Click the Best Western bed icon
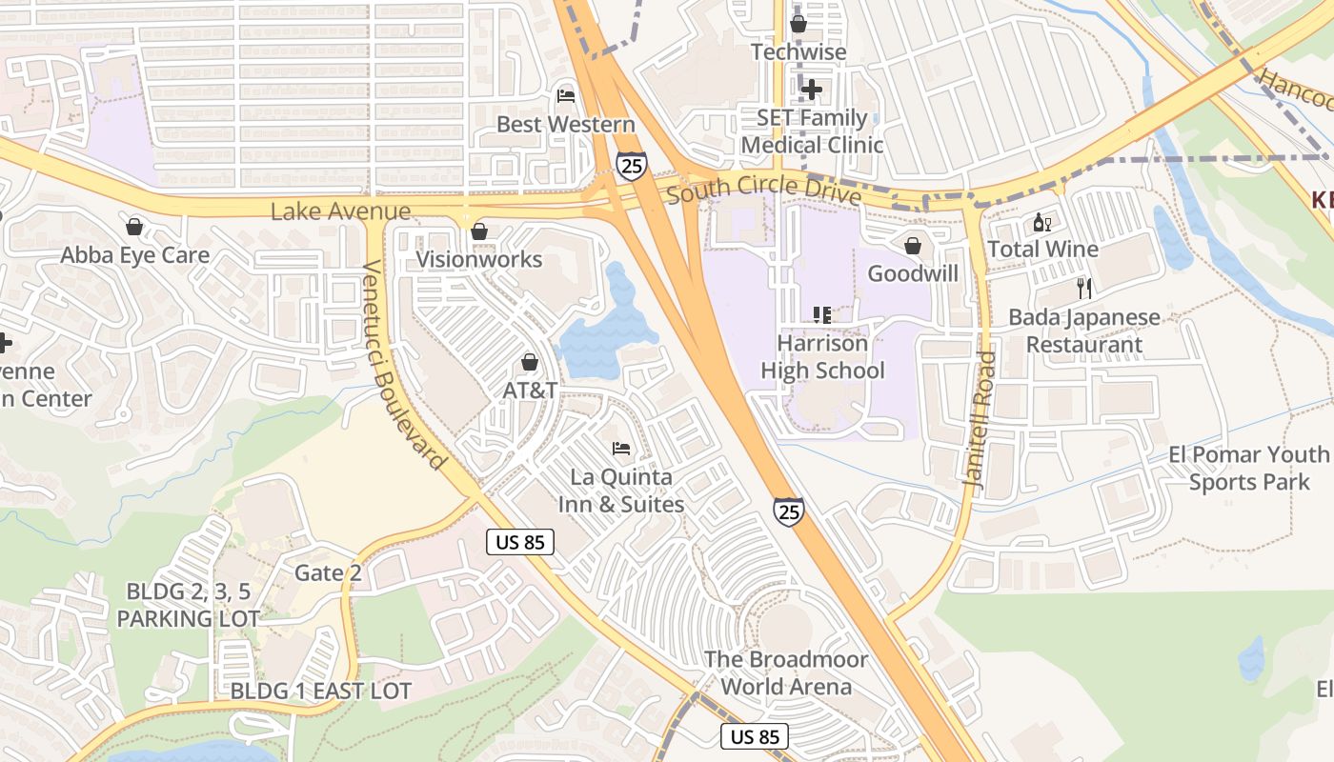[x=565, y=96]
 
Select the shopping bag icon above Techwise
[x=798, y=24]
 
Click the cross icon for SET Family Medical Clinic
[x=811, y=90]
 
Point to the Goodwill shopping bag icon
[x=913, y=246]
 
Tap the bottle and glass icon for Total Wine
[x=1042, y=223]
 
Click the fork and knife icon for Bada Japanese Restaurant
[x=1083, y=289]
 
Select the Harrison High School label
[x=822, y=357]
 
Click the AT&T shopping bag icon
[x=530, y=363]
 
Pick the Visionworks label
[x=479, y=259]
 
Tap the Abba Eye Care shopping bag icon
[x=134, y=227]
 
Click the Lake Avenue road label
[x=340, y=211]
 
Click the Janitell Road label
[x=980, y=420]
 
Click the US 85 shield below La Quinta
[x=520, y=542]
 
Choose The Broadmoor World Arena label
[x=786, y=672]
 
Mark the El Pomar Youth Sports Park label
[x=1249, y=468]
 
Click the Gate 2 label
[x=328, y=572]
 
